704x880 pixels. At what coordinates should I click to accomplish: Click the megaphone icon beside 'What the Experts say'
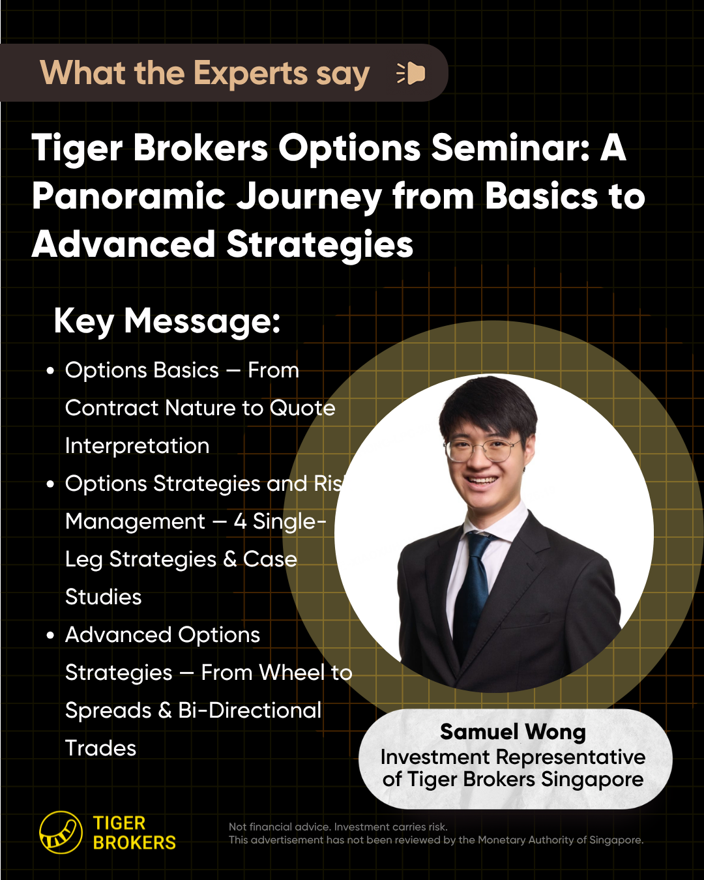411,74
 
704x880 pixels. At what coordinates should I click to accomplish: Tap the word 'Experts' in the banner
250,73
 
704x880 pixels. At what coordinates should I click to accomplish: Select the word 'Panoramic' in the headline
129,196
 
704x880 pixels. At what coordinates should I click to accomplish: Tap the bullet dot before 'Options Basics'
50,372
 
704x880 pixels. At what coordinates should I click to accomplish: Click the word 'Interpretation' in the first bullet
137,446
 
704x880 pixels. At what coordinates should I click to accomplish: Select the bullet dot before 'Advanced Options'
50,636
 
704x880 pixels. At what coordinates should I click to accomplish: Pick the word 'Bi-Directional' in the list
250,711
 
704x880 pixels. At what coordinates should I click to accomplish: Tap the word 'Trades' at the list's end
100,748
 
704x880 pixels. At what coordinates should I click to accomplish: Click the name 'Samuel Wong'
513,731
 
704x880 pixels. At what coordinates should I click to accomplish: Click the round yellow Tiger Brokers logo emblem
61,832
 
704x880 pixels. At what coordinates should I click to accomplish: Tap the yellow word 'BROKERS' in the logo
134,843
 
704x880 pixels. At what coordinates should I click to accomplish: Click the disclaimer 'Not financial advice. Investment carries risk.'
338,827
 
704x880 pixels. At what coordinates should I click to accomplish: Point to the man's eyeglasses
482,449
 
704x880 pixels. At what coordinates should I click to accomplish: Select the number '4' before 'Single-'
240,521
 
